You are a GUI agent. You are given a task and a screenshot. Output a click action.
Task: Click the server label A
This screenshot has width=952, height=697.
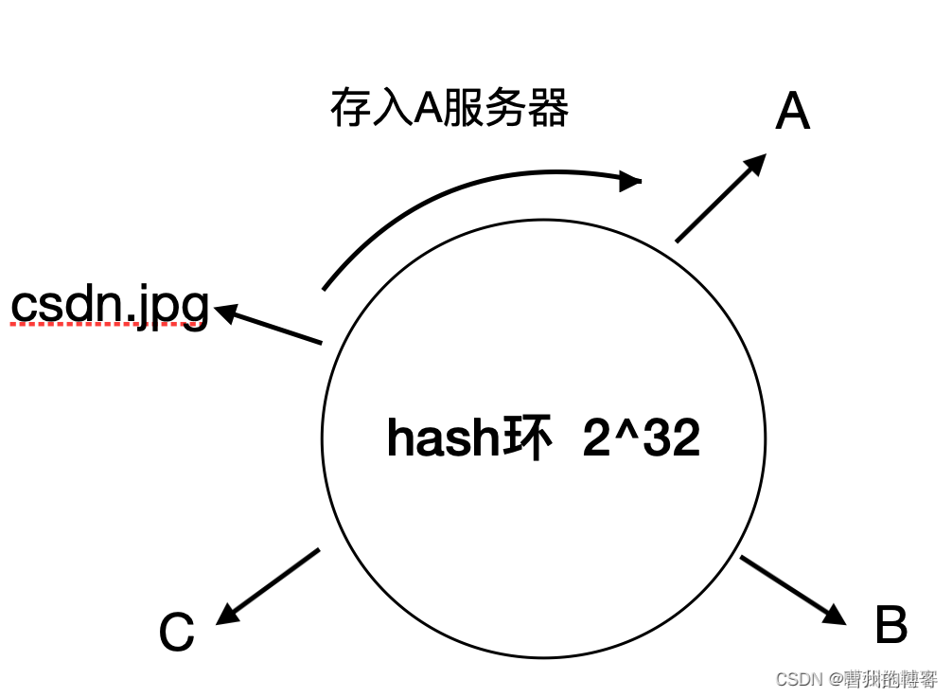click(793, 114)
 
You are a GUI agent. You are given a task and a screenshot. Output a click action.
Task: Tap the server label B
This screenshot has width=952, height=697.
click(890, 626)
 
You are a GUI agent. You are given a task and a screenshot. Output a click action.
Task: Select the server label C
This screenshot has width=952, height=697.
click(176, 633)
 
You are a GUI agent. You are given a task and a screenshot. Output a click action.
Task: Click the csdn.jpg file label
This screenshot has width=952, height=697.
click(110, 305)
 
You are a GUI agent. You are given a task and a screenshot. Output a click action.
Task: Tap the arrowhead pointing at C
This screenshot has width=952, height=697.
click(228, 614)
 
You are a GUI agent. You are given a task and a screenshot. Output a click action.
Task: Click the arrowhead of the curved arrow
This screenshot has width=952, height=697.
click(631, 178)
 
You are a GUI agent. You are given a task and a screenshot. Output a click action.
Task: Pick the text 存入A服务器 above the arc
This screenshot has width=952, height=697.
click(449, 109)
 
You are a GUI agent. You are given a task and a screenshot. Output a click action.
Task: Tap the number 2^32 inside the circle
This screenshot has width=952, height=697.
click(642, 438)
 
